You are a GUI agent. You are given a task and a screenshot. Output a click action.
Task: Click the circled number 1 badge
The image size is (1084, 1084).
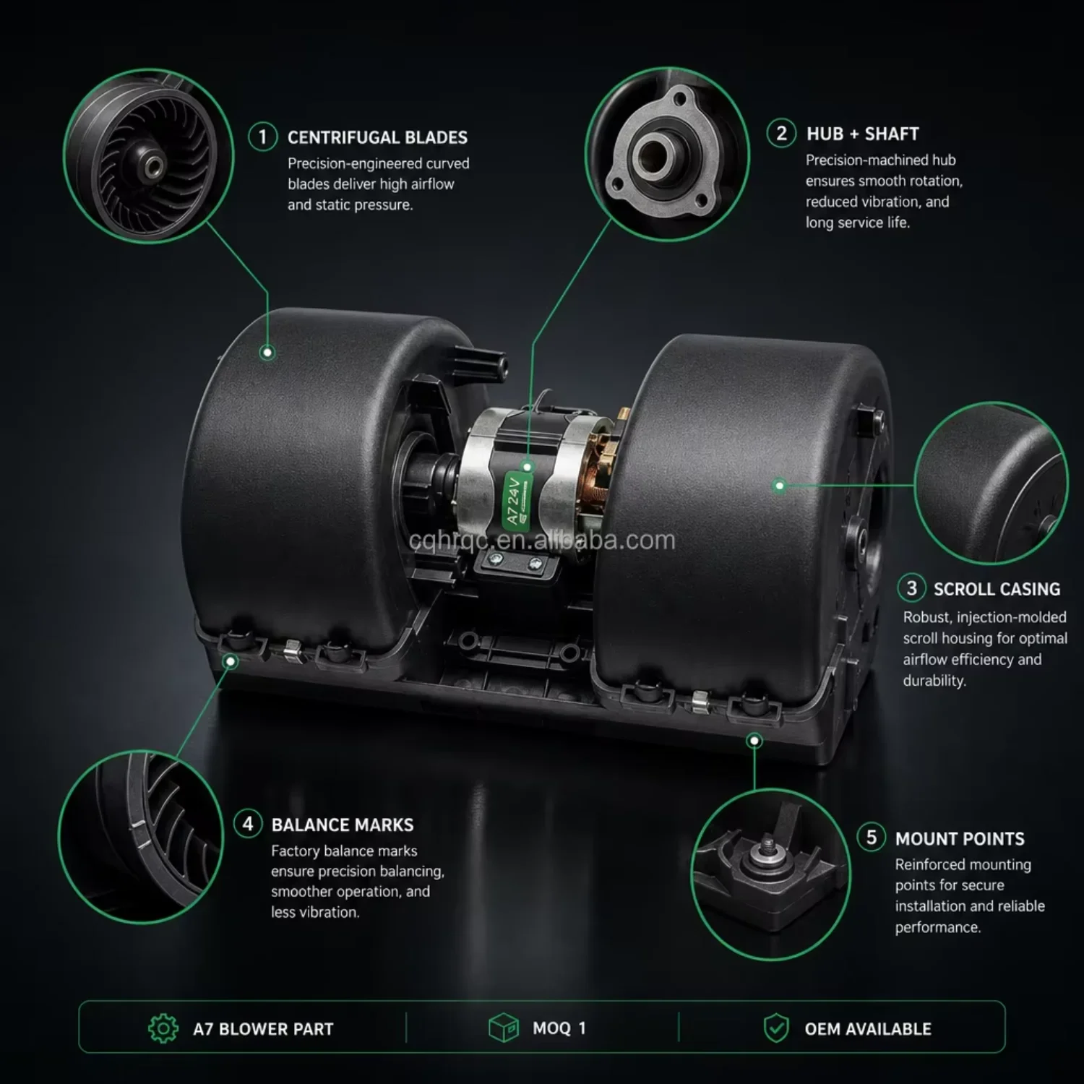click(x=262, y=137)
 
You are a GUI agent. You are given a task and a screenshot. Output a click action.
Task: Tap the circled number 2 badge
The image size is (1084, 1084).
click(x=781, y=134)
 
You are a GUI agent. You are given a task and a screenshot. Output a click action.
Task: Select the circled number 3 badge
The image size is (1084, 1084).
click(x=911, y=588)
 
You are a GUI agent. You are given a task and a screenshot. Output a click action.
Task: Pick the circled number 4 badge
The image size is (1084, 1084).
click(x=248, y=824)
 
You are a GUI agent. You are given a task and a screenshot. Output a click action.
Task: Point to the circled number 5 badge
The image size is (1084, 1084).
click(x=872, y=838)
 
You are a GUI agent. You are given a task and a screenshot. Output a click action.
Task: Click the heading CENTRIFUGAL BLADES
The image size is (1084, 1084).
click(x=377, y=137)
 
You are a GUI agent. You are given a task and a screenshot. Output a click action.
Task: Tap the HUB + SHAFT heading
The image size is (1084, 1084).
click(x=863, y=134)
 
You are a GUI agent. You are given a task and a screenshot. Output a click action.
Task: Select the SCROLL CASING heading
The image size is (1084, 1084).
click(x=997, y=589)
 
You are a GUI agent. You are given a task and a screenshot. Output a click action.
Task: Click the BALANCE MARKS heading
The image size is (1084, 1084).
click(x=343, y=825)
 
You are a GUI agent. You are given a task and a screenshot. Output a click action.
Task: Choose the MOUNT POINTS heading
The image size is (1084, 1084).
click(x=960, y=838)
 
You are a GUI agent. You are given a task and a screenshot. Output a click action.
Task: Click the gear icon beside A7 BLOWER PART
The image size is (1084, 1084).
click(x=163, y=1028)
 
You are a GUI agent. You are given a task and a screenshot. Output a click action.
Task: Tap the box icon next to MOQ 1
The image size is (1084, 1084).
click(x=504, y=1028)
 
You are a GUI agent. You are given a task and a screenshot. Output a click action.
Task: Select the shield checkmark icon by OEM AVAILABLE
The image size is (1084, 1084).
click(x=776, y=1028)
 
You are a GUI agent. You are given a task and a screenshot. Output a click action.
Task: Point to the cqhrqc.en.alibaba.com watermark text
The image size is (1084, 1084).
click(x=542, y=540)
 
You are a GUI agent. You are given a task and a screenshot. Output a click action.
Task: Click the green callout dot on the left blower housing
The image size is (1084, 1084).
click(x=267, y=353)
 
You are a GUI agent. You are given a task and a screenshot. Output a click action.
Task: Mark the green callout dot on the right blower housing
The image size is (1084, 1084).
click(x=779, y=486)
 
